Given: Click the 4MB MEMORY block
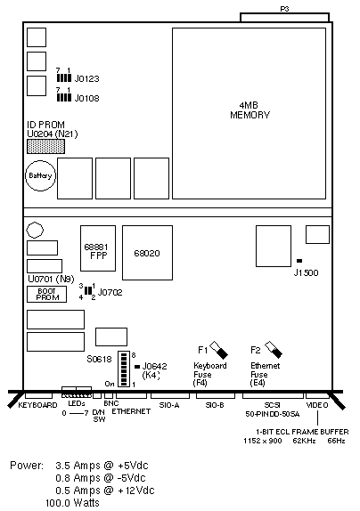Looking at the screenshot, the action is [x=249, y=113].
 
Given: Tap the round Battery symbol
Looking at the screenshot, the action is [x=40, y=175].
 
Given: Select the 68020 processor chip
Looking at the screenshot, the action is [x=147, y=253].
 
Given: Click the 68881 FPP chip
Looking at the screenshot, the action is [x=98, y=248].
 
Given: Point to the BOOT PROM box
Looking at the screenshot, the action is [x=46, y=295].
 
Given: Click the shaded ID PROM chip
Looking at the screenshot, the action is [x=45, y=146].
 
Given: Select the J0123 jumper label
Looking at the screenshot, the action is [x=86, y=78].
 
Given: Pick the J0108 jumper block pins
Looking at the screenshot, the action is [x=64, y=97].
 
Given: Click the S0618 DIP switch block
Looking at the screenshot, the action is [x=124, y=369].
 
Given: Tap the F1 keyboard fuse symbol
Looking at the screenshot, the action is [x=219, y=349].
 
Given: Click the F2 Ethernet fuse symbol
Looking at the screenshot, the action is [x=274, y=349].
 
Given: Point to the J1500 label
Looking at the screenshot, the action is [x=306, y=272].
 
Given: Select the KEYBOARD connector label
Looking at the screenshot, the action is [x=37, y=405].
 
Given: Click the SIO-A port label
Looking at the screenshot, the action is [x=169, y=405].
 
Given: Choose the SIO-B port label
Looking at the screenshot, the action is [x=215, y=405].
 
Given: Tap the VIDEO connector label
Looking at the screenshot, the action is [x=317, y=405].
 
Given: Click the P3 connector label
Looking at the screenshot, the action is [x=284, y=9].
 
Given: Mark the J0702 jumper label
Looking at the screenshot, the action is [x=110, y=292].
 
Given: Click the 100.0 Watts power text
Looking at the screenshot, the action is [x=72, y=502].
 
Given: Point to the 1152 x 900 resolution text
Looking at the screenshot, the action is [x=263, y=441].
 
